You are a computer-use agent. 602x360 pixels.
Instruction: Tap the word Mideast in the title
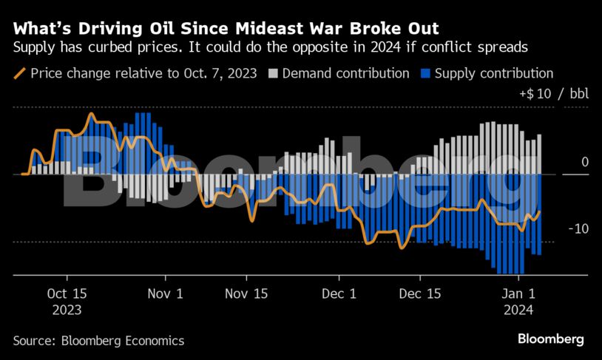272,29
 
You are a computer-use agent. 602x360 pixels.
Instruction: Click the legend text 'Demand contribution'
346,74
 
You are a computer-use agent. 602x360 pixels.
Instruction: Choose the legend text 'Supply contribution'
494,74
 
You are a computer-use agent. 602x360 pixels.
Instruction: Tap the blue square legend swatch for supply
425,74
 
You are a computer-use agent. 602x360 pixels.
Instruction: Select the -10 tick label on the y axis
578,229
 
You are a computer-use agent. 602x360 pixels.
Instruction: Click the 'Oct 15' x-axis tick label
67,293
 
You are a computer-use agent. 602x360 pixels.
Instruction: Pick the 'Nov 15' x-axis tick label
246,293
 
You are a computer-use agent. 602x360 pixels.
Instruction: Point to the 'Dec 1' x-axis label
339,293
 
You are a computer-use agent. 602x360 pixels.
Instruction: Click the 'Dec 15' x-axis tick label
419,293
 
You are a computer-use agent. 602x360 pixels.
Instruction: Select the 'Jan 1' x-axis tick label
519,293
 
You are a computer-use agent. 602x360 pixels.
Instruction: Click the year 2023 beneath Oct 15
67,310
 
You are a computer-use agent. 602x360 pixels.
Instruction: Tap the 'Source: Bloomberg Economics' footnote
98,341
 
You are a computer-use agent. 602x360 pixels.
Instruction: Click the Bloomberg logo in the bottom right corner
550,339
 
